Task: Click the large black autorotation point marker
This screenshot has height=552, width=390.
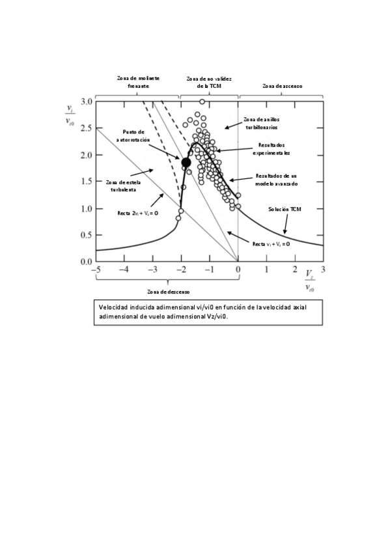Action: [186, 162]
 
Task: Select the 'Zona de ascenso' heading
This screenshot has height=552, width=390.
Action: [281, 86]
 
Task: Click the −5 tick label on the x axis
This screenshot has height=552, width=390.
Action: [96, 269]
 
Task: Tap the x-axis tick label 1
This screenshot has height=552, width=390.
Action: [266, 269]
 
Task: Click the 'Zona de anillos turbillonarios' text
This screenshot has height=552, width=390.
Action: [262, 124]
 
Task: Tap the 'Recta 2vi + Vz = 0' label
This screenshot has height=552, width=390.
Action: [130, 214]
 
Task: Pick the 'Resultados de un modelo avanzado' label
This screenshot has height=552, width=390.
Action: [277, 180]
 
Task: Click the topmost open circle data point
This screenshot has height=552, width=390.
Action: [202, 102]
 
